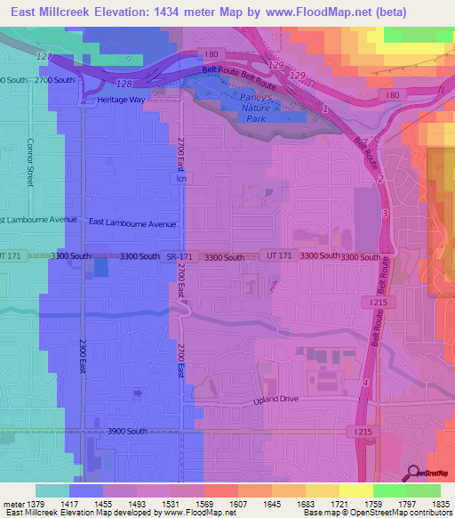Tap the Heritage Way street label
click(120, 101)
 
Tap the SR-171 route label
click(178, 257)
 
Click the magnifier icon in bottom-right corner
click(413, 473)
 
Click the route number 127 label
click(43, 57)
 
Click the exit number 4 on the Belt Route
click(364, 382)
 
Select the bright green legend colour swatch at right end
click(424, 490)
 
